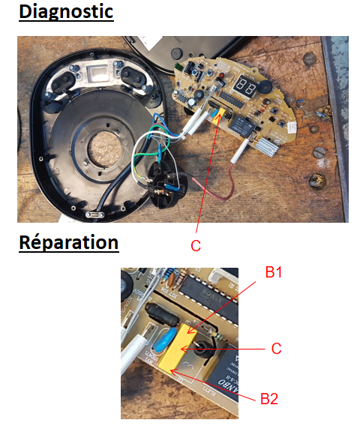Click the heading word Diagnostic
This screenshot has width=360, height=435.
(x=66, y=12)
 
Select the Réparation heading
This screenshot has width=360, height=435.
(x=69, y=242)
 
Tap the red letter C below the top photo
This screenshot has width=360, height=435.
(x=196, y=246)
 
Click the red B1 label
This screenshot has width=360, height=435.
(x=274, y=272)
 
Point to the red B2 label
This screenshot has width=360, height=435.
(x=269, y=399)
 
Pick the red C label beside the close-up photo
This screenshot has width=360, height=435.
(x=276, y=349)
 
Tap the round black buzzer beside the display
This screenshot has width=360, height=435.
(x=265, y=87)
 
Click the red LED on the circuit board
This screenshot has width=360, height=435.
(x=222, y=75)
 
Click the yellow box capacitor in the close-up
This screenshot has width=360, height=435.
(x=178, y=347)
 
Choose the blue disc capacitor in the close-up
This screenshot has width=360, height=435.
(x=164, y=340)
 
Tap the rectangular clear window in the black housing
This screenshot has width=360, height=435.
(x=97, y=73)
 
